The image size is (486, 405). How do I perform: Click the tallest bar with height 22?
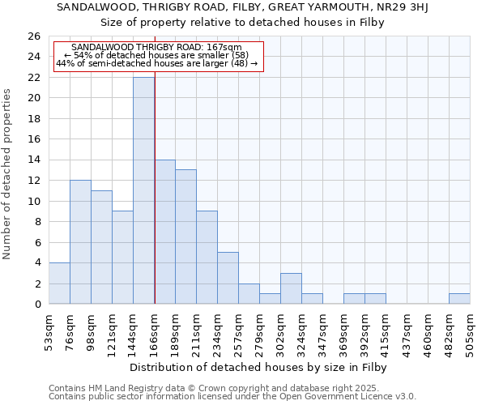point(143,190)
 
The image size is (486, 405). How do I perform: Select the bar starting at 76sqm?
point(80,242)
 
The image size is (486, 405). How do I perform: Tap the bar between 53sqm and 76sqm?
point(59,283)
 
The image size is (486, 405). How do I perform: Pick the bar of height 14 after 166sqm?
point(164,232)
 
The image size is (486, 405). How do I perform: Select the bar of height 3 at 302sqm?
point(291,288)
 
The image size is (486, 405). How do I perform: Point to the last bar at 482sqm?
point(459,298)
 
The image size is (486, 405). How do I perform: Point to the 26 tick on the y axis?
point(34,36)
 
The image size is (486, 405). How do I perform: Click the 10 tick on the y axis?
point(34,201)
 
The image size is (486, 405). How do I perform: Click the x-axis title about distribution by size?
point(258,368)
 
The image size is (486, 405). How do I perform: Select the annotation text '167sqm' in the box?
point(224,48)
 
